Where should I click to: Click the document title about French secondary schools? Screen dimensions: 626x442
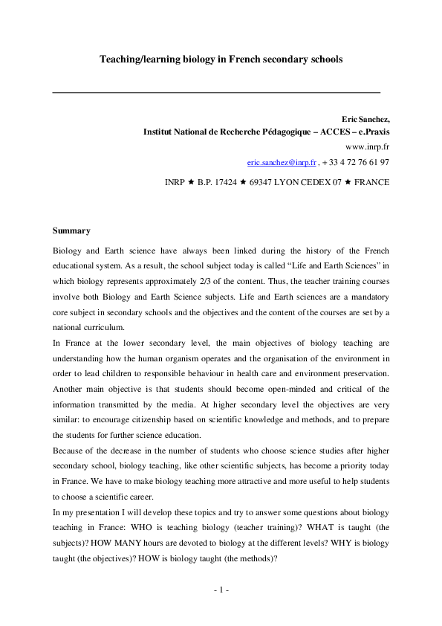(x=221, y=59)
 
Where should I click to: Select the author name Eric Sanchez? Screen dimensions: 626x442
(x=365, y=119)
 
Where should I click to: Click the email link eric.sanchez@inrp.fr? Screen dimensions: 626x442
(x=282, y=161)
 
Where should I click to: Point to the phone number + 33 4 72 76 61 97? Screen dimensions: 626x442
(x=356, y=161)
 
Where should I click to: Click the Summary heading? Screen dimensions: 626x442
(x=71, y=230)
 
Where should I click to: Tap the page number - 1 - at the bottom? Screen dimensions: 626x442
(x=221, y=590)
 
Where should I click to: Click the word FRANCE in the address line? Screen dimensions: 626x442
(x=372, y=182)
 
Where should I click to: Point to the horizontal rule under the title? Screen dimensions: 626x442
(x=216, y=91)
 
